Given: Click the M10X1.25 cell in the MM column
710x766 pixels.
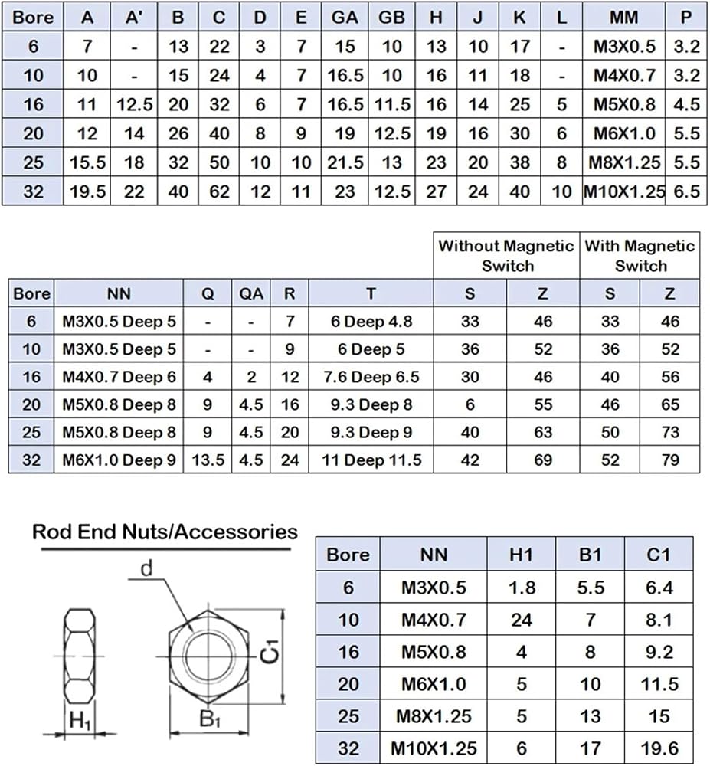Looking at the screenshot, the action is (624, 191).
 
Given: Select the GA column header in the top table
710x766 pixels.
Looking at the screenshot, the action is (345, 18).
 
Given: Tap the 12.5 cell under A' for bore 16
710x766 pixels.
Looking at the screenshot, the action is (134, 104).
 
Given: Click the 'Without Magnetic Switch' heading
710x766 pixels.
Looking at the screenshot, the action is (506, 256).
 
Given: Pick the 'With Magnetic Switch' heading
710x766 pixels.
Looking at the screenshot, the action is (640, 256).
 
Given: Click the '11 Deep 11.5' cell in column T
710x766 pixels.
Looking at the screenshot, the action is (371, 460).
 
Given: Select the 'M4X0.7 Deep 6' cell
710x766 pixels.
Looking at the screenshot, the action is (119, 377).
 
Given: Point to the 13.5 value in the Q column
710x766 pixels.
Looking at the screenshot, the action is (208, 460).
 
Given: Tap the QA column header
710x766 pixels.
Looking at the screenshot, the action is (251, 293).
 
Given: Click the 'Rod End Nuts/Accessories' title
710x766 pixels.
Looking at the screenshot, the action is (165, 532).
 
